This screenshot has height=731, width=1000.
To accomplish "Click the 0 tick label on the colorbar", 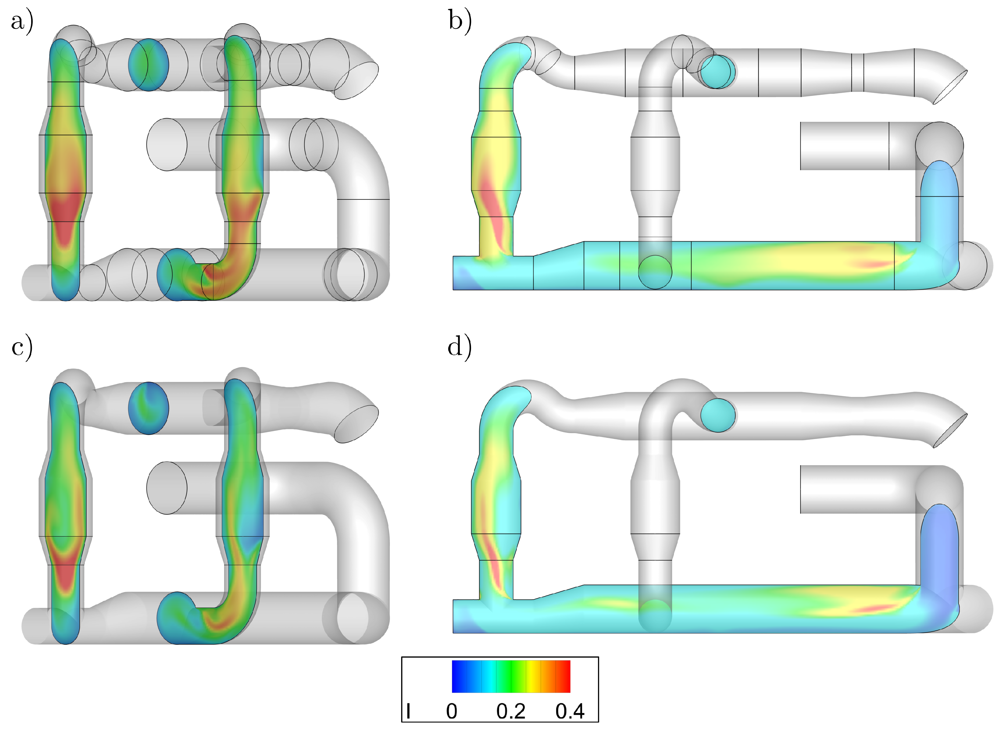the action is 451,711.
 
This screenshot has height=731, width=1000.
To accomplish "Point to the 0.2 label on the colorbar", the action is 511,711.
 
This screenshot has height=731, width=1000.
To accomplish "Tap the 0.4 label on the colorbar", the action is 570,711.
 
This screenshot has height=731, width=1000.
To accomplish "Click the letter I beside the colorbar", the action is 408,711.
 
